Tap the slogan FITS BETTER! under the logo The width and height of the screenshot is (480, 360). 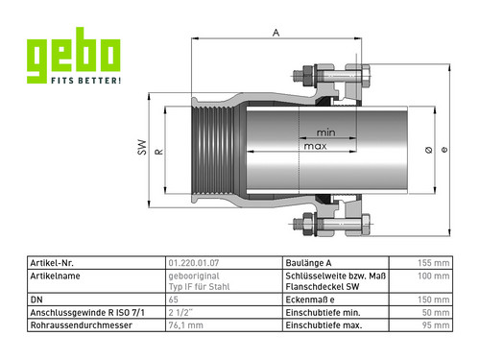86,81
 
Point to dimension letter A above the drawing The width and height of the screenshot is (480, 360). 276,33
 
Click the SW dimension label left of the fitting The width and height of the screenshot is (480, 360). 142,147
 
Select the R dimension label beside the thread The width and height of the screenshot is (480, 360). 159,152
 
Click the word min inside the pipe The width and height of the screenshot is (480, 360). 325,132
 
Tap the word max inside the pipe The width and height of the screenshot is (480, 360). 315,146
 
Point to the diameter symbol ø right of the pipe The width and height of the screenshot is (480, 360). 429,150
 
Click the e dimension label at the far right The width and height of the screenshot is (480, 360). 444,150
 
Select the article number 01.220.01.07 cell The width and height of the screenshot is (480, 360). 194,263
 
